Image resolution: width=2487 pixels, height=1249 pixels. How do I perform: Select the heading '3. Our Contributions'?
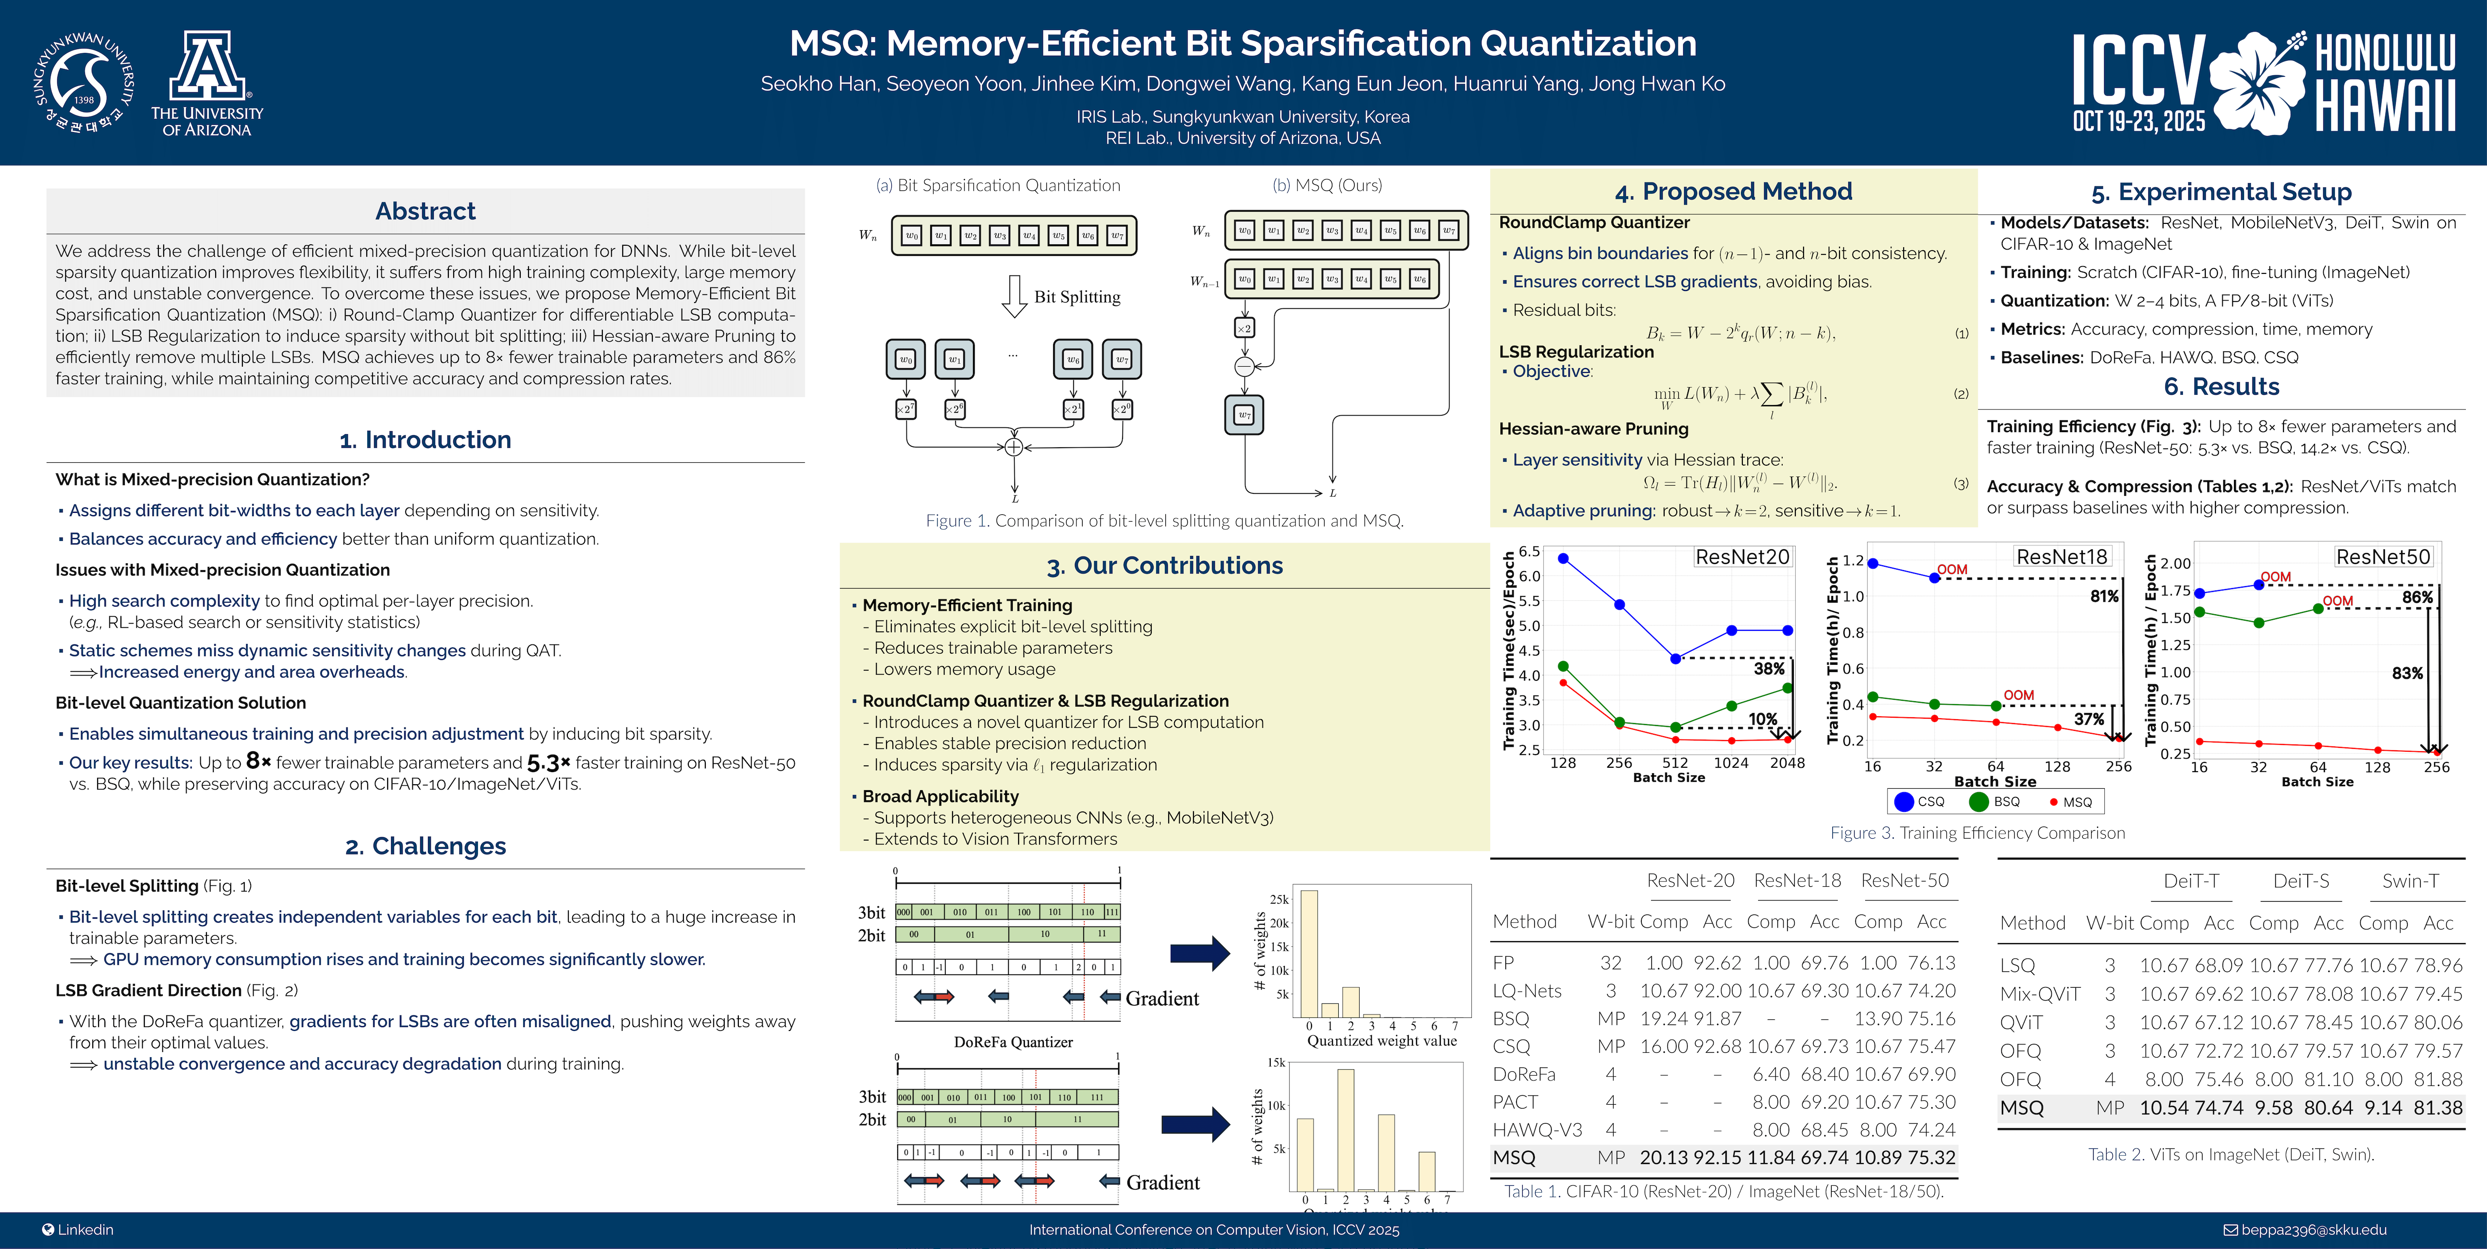[1164, 566]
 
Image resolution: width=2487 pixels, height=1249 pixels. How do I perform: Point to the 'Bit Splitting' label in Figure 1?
[1076, 297]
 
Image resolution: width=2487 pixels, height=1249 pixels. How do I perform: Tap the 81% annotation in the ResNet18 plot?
[2104, 596]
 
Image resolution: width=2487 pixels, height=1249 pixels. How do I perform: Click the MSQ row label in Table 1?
[1514, 1157]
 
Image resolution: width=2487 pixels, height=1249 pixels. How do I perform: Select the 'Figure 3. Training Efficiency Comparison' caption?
[1977, 833]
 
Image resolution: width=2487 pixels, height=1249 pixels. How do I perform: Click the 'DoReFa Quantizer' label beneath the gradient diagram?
[1013, 1043]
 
